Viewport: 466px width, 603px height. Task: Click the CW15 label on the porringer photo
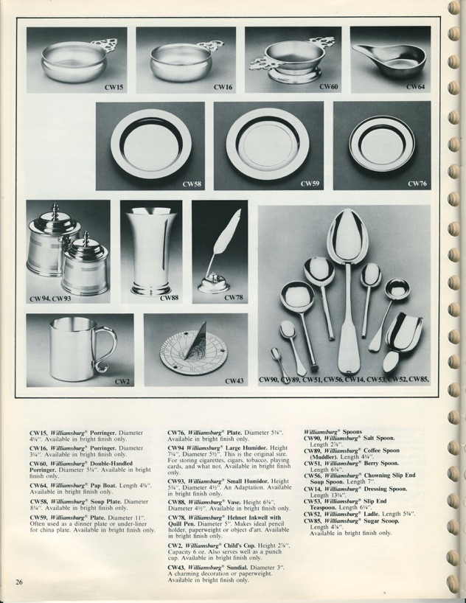pyautogui.click(x=113, y=87)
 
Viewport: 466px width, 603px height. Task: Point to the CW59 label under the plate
pyautogui.click(x=309, y=184)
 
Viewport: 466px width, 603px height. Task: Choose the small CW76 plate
pyautogui.click(x=381, y=142)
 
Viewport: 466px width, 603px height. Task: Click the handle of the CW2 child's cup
pyautogui.click(x=108, y=349)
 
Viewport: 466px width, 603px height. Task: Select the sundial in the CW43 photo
pyautogui.click(x=185, y=353)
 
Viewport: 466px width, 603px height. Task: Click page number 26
pyautogui.click(x=19, y=582)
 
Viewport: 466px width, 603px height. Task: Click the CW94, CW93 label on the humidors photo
pyautogui.click(x=51, y=299)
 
